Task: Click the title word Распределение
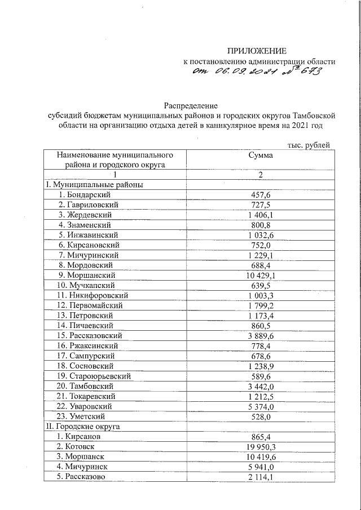click(191, 105)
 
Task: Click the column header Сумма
click(261, 155)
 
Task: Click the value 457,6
click(261, 194)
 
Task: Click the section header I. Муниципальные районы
click(94, 184)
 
